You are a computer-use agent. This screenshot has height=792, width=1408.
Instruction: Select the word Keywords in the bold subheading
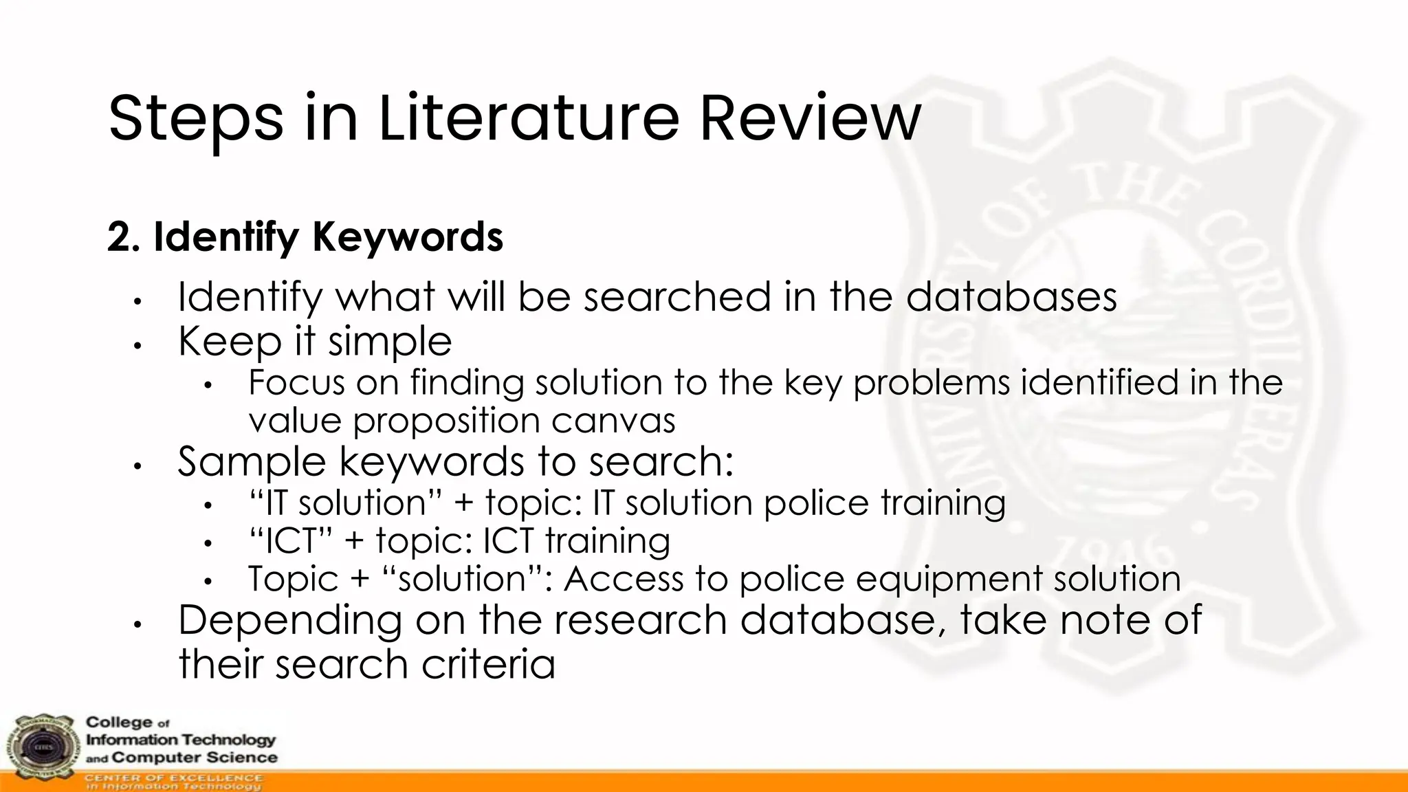pos(408,237)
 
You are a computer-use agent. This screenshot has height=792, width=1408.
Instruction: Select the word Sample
pos(252,461)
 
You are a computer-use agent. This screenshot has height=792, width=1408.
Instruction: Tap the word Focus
pos(296,383)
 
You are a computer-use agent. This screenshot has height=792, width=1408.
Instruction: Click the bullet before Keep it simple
pos(137,345)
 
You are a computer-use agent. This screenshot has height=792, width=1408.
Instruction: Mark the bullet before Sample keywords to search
pos(137,466)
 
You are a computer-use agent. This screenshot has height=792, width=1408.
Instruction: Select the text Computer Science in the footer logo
pos(195,758)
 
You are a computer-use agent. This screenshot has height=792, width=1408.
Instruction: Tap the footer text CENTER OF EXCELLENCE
pos(173,778)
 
